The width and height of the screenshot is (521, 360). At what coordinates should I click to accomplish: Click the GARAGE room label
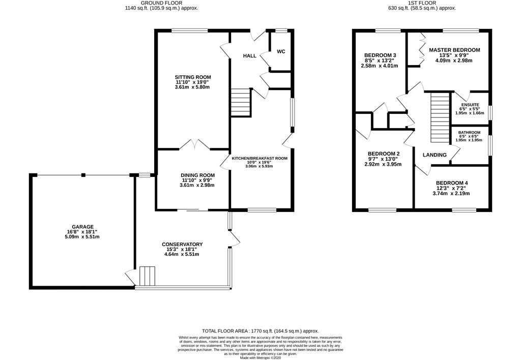tap(83, 227)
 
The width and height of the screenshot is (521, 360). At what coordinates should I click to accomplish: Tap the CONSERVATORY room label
tap(182, 245)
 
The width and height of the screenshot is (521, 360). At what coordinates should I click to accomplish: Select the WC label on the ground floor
tap(281, 52)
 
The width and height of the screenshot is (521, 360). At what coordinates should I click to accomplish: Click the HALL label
tap(249, 56)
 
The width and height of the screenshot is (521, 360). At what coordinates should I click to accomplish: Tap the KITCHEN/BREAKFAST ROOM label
tap(259, 158)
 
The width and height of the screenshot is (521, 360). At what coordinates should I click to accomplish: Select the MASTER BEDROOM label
tap(454, 50)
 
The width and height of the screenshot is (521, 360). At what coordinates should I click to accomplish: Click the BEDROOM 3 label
tap(380, 55)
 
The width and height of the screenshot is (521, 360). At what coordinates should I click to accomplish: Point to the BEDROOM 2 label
tap(384, 154)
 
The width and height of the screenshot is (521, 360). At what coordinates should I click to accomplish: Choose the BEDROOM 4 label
tap(451, 183)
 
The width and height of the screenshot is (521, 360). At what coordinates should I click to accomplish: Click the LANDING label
tap(435, 155)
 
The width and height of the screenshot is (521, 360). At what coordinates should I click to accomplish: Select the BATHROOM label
tap(469, 133)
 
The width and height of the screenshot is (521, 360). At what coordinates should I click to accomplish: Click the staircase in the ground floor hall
tap(241, 96)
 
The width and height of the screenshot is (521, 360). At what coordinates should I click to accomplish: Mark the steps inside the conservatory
tap(147, 276)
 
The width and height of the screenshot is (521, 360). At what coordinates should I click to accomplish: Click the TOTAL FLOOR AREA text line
tap(260, 329)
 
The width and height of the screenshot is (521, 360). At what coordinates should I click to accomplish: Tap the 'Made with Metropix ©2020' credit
tap(260, 357)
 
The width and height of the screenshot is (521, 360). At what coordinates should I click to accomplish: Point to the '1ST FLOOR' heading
tap(422, 3)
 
